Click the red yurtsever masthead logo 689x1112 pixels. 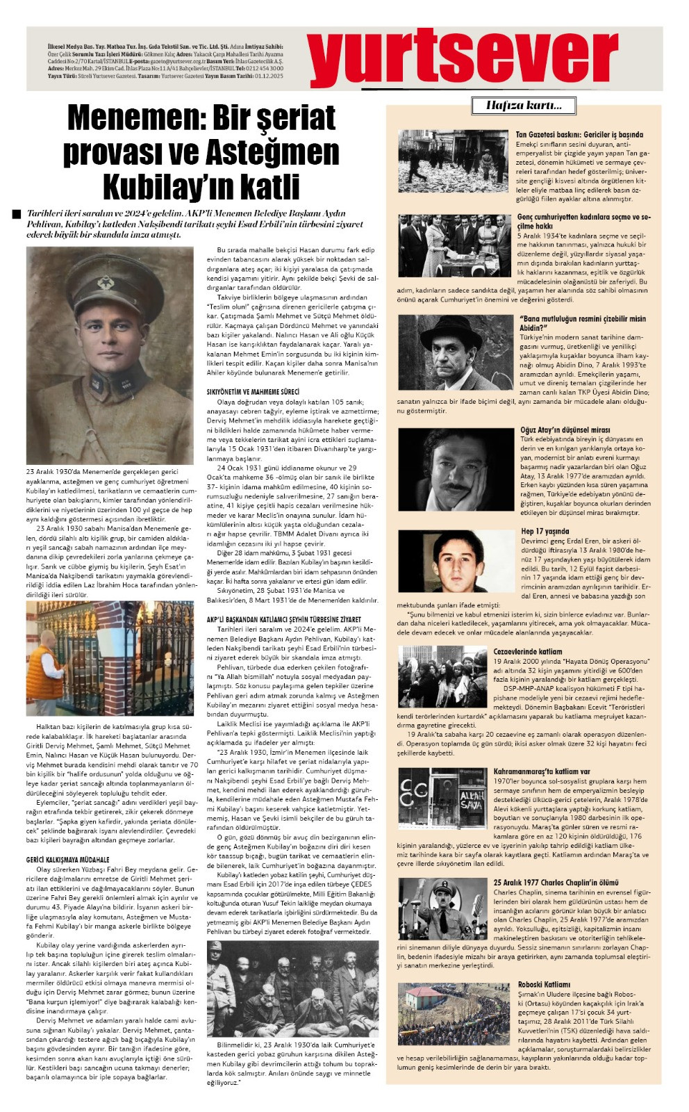tap(463, 58)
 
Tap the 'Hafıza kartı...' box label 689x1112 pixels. tap(524, 106)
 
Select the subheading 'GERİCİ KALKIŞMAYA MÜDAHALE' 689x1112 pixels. tap(68, 859)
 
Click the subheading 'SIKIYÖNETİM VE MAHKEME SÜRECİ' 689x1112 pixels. tap(253, 392)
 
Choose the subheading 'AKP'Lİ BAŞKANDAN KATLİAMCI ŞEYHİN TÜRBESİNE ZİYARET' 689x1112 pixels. tap(283, 619)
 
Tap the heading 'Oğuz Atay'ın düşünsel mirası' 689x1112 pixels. tap(565, 430)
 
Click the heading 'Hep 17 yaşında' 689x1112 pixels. tap(545, 532)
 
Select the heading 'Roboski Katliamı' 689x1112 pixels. tap(544, 984)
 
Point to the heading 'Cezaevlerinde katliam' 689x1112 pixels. tap(528, 651)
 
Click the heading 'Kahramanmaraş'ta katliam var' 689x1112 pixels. tap(542, 771)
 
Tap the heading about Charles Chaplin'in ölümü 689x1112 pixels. tap(556, 883)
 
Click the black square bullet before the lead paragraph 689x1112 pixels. tap(17, 214)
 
